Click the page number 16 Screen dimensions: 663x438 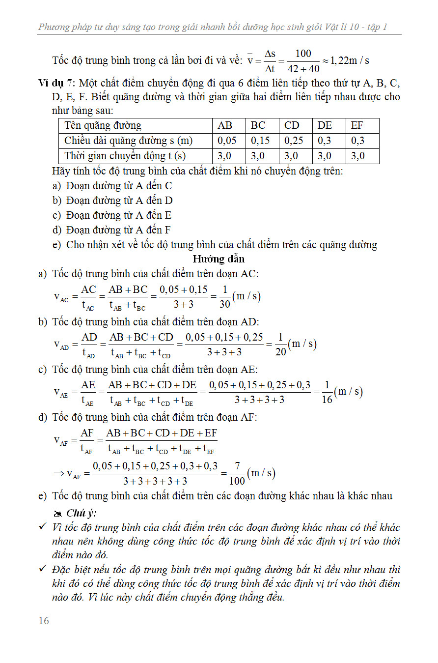point(44,621)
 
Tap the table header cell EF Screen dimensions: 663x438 point(357,125)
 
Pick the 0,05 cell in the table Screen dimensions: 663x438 point(226,141)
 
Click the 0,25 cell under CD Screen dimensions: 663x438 point(294,141)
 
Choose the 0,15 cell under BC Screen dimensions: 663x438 point(260,141)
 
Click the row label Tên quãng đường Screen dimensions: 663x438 point(103,125)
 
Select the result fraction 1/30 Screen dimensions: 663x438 point(225,297)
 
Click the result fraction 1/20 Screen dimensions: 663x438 point(280,345)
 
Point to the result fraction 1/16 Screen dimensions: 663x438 point(327,392)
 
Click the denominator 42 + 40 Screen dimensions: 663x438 point(304,69)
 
